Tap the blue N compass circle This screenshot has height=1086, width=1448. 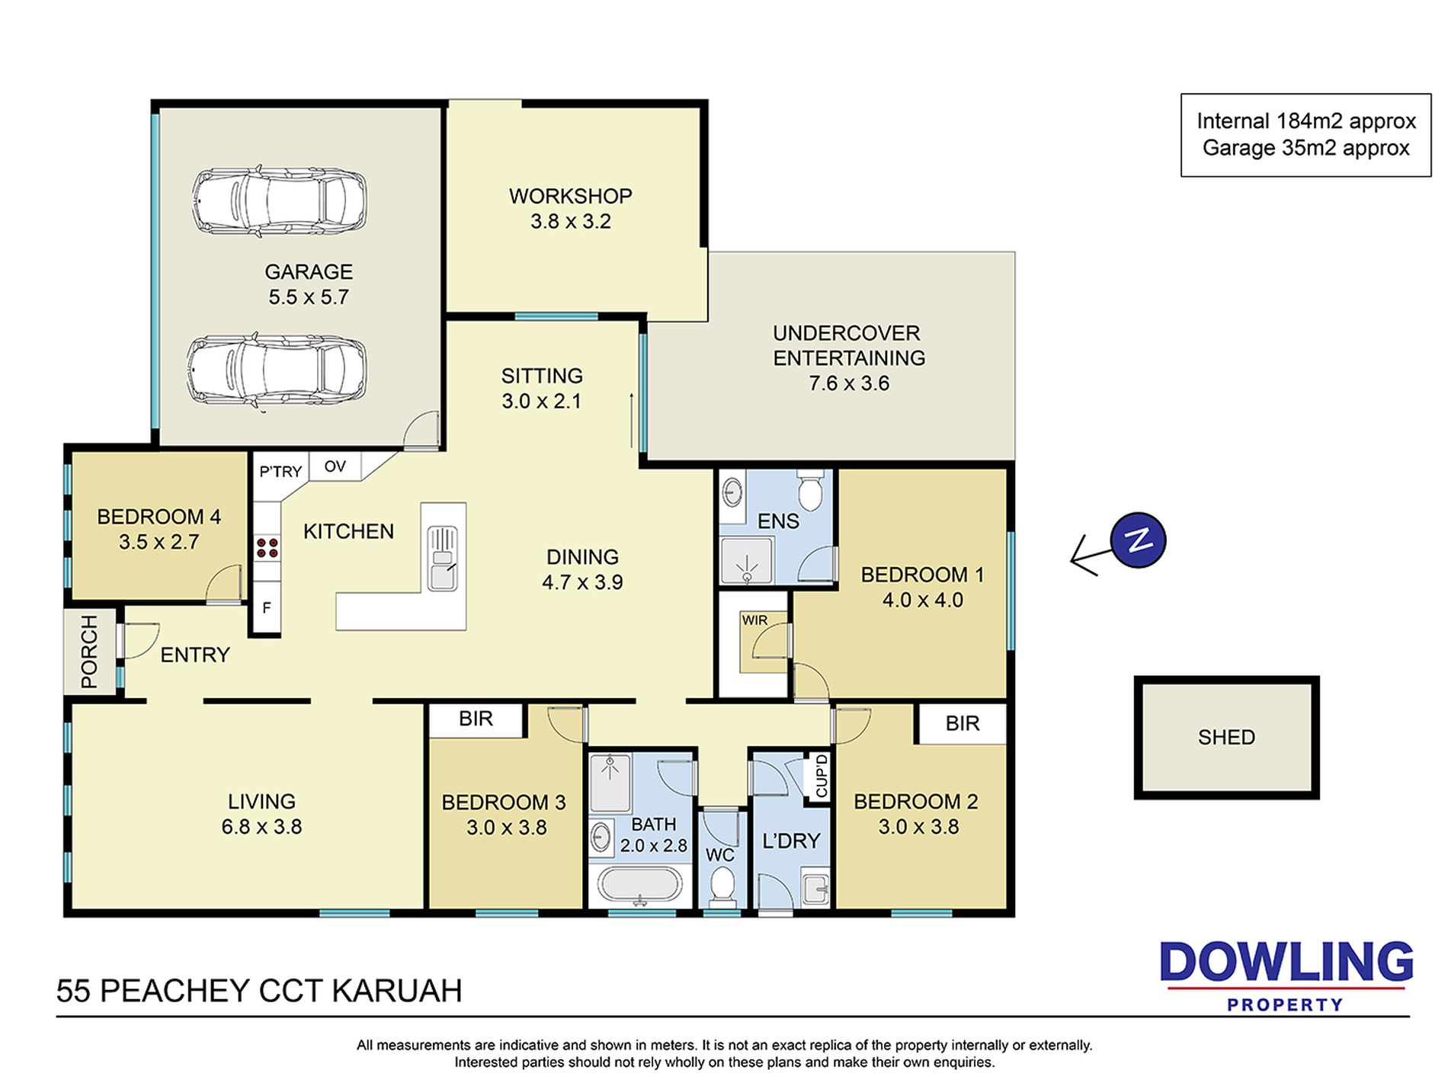[1138, 540]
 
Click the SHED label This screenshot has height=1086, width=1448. [1226, 737]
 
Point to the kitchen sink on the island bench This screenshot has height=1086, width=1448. [442, 558]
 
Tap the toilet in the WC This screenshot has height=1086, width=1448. [721, 886]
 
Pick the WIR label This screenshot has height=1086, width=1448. [754, 620]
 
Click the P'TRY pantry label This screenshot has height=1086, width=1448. [280, 472]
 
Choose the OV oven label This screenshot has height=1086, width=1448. [335, 466]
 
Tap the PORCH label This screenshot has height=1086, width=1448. [89, 652]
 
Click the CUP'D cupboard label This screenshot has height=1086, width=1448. [822, 777]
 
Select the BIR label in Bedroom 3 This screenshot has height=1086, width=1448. [476, 719]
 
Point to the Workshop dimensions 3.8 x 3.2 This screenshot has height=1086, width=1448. [571, 222]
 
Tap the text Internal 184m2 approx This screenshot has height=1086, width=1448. [1306, 121]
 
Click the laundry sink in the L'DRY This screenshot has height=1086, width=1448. [815, 889]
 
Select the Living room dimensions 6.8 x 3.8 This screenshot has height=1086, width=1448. [262, 827]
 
